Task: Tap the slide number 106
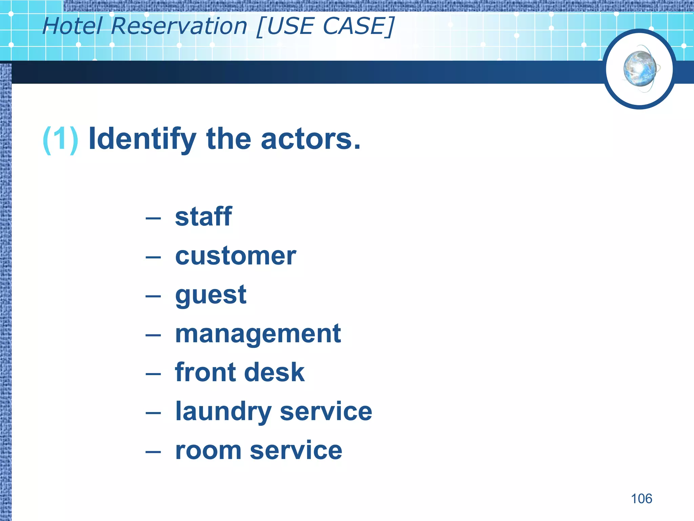pyautogui.click(x=641, y=499)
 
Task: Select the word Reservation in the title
pyautogui.click(x=179, y=26)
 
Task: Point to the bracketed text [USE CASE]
pyautogui.click(x=325, y=26)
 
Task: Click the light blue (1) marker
pyautogui.click(x=60, y=139)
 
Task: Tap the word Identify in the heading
pyautogui.click(x=142, y=139)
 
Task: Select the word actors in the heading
pyautogui.click(x=310, y=139)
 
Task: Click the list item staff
pyautogui.click(x=203, y=217)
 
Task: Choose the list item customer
pyautogui.click(x=236, y=256)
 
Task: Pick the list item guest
pyautogui.click(x=210, y=295)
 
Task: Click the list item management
pyautogui.click(x=258, y=334)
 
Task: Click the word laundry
pyautogui.click(x=223, y=412)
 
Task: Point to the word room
pyautogui.click(x=208, y=451)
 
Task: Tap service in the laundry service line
pyautogui.click(x=326, y=412)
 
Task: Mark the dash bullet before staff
pyautogui.click(x=153, y=218)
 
